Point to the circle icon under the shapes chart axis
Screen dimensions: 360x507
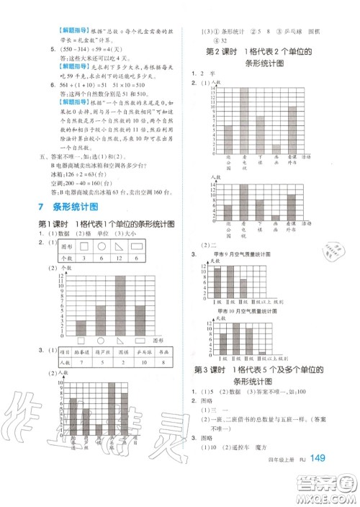(102, 341)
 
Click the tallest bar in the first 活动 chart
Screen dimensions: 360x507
(243, 119)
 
